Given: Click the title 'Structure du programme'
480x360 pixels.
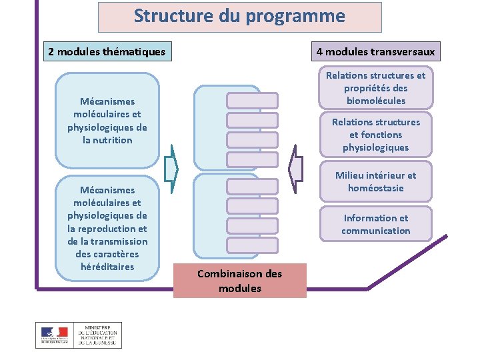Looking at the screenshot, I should pyautogui.click(x=239, y=17).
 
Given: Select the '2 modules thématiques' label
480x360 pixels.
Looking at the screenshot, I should pyautogui.click(x=107, y=51).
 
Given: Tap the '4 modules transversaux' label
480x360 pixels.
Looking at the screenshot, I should pyautogui.click(x=375, y=51).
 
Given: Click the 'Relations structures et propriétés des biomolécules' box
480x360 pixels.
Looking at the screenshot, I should pyautogui.click(x=375, y=88).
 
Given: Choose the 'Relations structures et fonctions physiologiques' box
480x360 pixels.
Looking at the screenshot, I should pyautogui.click(x=375, y=135).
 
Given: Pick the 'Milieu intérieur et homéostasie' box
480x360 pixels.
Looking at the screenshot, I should pyautogui.click(x=375, y=181).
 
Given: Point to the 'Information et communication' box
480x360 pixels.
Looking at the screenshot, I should pyautogui.click(x=375, y=224).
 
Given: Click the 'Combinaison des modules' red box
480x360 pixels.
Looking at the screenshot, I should pyautogui.click(x=239, y=281).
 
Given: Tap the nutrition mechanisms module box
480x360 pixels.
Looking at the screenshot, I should pyautogui.click(x=107, y=121).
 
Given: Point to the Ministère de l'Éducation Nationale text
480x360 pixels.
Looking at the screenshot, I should pyautogui.click(x=97, y=335).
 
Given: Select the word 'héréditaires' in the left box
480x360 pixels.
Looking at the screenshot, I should pyautogui.click(x=107, y=267).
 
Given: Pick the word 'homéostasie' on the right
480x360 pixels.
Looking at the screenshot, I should pyautogui.click(x=375, y=188).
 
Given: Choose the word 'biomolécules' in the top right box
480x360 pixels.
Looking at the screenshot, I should pyautogui.click(x=375, y=101).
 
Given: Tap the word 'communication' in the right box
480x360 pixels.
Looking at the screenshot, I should pyautogui.click(x=375, y=231).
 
